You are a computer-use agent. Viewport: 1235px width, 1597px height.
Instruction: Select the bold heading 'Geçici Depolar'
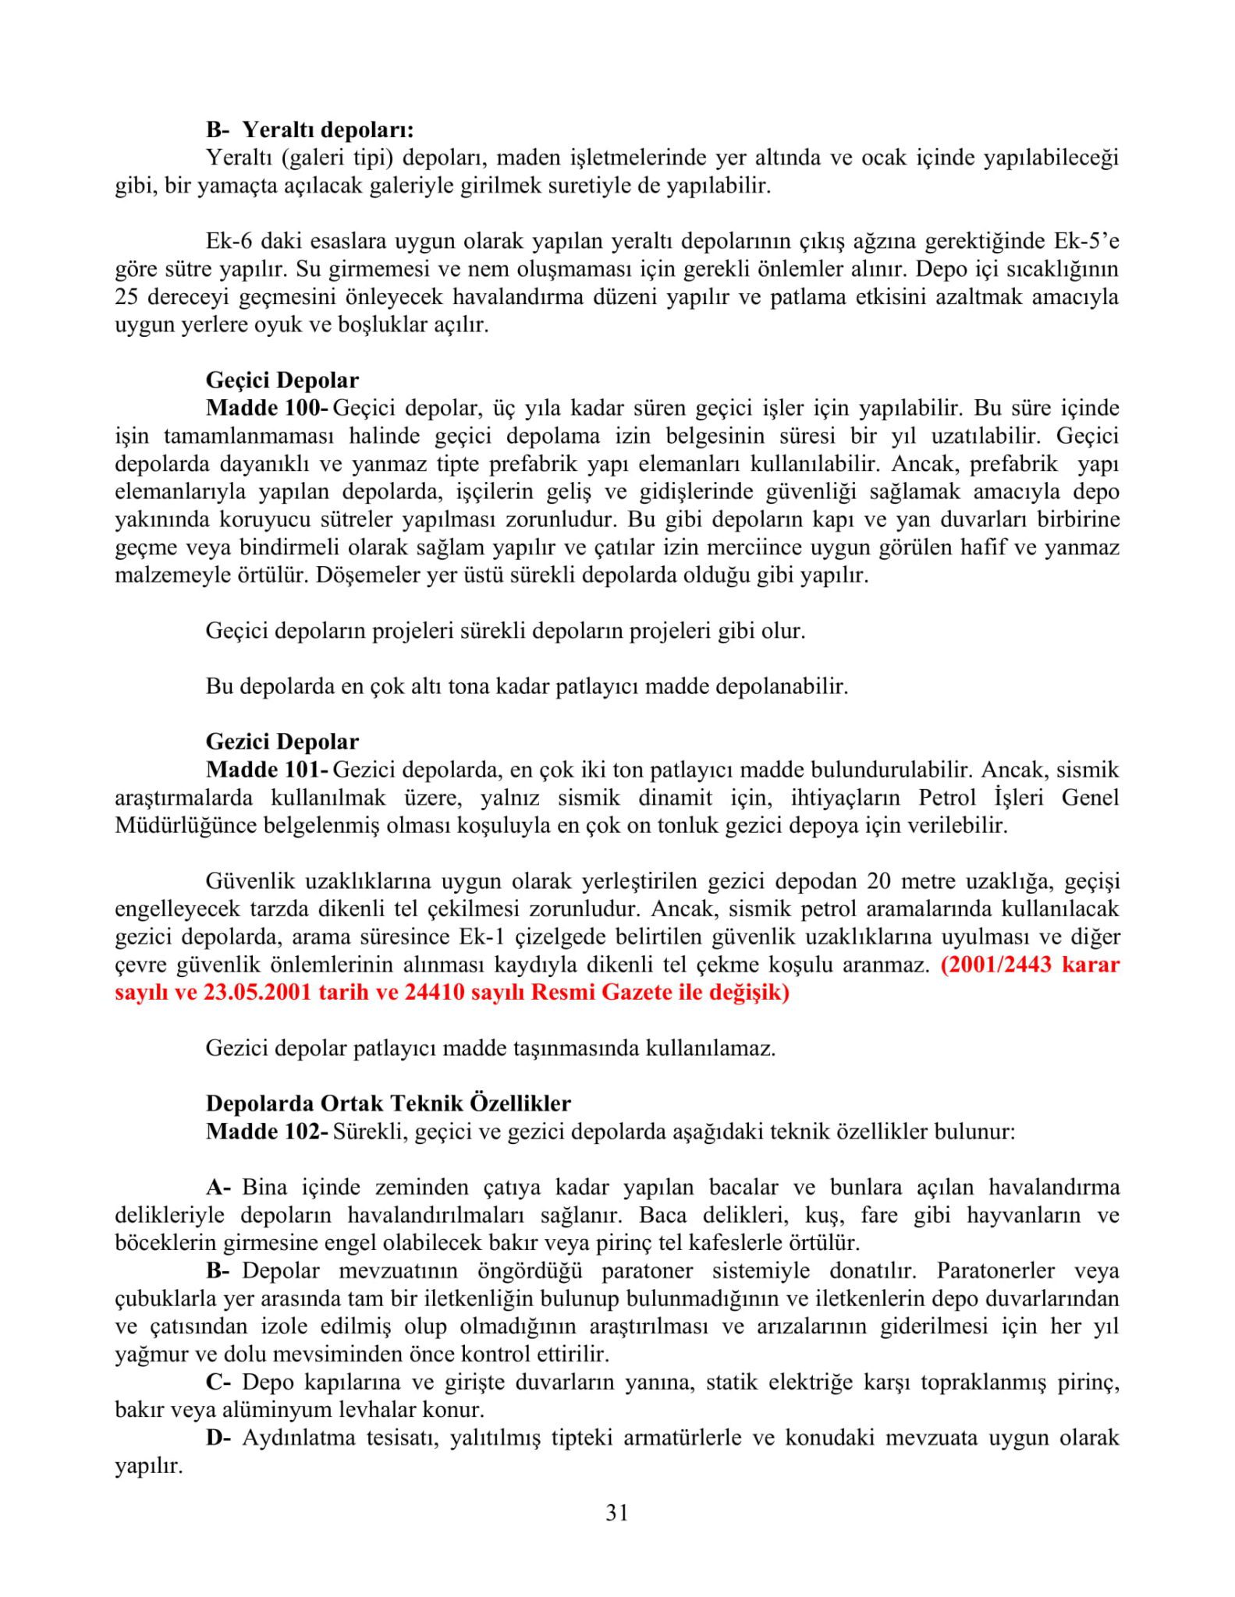coord(282,381)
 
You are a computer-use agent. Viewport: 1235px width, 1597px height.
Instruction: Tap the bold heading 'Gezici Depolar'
coord(282,742)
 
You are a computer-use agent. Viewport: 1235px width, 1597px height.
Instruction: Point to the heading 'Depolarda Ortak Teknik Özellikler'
coord(389,1103)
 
